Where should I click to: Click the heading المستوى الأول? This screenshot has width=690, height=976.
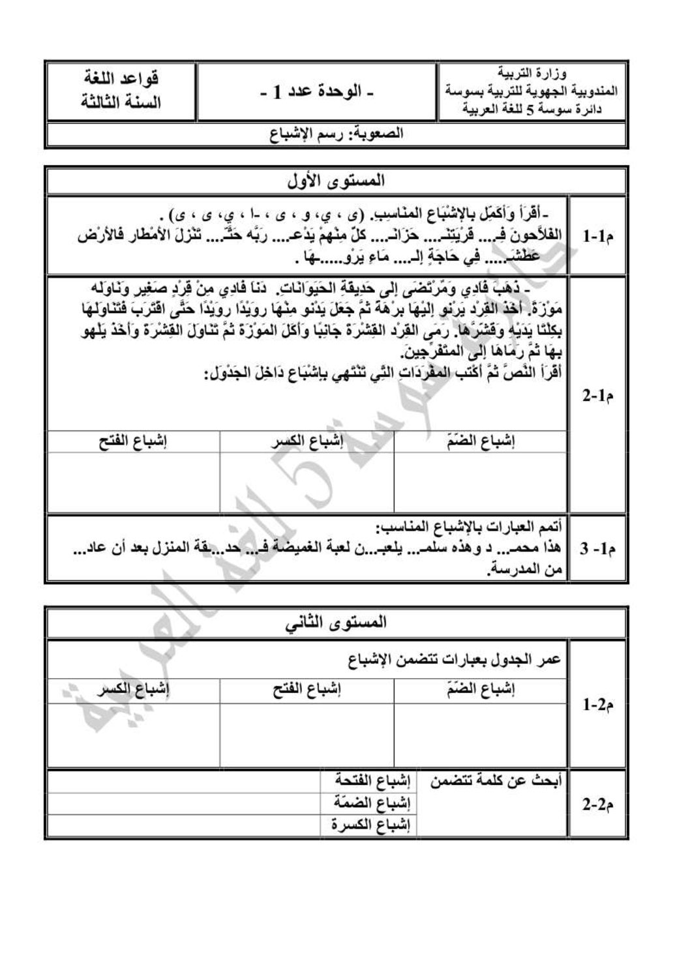337,180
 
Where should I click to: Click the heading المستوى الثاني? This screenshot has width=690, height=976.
337,623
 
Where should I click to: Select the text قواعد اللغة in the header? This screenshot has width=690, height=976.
121,80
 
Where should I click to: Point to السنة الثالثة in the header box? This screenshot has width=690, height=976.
121,102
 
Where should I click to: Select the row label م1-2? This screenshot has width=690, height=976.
598,395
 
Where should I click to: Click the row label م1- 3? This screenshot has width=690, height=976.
598,549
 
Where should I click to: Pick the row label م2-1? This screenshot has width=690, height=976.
598,704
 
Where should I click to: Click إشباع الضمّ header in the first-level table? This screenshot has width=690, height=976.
480,441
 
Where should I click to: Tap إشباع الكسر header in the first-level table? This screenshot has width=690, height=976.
307,441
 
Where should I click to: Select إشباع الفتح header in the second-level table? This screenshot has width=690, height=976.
307,690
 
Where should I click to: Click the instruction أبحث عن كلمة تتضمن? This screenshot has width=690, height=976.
496,780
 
